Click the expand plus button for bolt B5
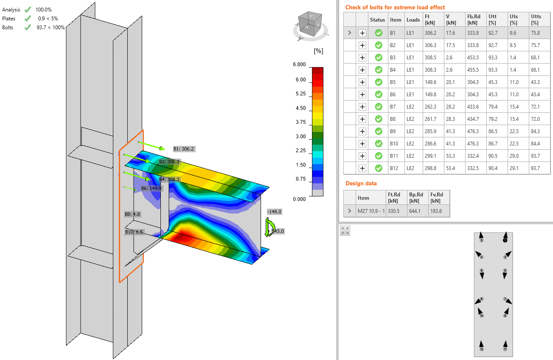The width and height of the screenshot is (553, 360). (x=362, y=82)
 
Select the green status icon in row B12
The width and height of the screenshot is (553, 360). (x=378, y=168)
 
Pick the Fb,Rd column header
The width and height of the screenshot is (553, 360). (x=474, y=20)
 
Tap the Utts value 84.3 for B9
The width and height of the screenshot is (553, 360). (x=535, y=131)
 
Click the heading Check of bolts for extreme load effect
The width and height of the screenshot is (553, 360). (x=395, y=7)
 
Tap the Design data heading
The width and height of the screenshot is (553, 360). (x=361, y=183)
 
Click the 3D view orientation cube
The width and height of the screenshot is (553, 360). (x=310, y=25)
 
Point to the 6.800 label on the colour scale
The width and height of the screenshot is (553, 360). (x=299, y=64)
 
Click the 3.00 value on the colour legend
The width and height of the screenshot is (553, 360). (x=300, y=137)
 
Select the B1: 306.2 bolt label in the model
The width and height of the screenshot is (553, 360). (x=184, y=149)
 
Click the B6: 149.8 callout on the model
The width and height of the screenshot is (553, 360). (x=152, y=188)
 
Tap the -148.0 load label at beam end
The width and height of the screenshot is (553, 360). (x=274, y=211)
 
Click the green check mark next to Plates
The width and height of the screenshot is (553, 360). (x=28, y=19)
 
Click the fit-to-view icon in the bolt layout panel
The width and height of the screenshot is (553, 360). (x=345, y=231)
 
